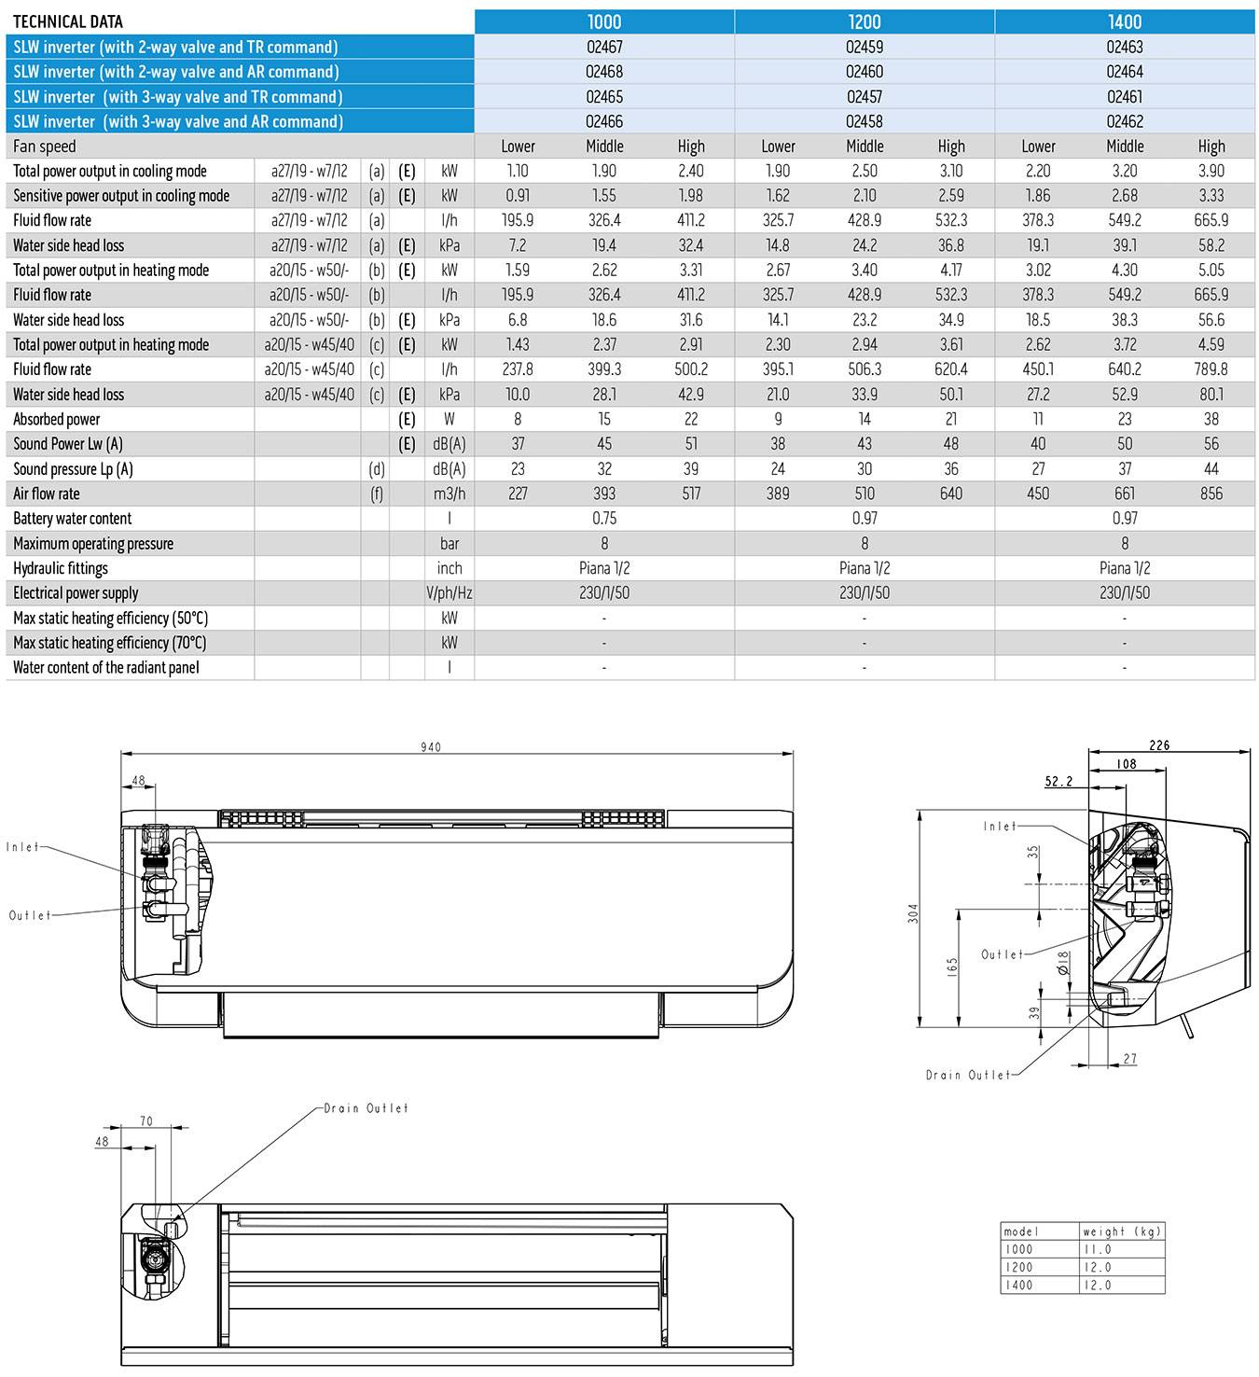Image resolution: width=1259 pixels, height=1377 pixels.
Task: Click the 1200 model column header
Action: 865,21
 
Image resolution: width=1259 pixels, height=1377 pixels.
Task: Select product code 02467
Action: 604,47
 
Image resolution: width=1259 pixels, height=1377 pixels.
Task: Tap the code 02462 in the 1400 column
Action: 1125,121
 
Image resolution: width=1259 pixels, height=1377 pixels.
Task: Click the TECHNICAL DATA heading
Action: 68,21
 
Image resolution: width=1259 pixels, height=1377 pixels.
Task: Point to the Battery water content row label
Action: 73,519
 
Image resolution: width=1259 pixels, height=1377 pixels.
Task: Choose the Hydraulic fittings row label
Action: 61,568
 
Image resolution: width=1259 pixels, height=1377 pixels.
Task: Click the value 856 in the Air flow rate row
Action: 1211,494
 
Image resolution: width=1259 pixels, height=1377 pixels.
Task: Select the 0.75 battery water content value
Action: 604,519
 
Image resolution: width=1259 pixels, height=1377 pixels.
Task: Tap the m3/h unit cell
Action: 450,494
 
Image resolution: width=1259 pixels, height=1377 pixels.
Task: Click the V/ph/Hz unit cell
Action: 450,592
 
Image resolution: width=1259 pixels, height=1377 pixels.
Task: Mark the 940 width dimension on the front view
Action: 431,746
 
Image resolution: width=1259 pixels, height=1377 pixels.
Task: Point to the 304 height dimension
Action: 914,913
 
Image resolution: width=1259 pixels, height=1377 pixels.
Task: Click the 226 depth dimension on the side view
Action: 1159,745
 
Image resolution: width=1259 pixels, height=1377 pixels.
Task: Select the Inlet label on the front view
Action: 23,847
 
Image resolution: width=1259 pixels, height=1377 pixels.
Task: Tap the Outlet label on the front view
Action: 31,915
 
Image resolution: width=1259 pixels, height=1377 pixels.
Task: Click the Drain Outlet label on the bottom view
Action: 367,1108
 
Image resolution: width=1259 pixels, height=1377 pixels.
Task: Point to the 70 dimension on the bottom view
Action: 146,1121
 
